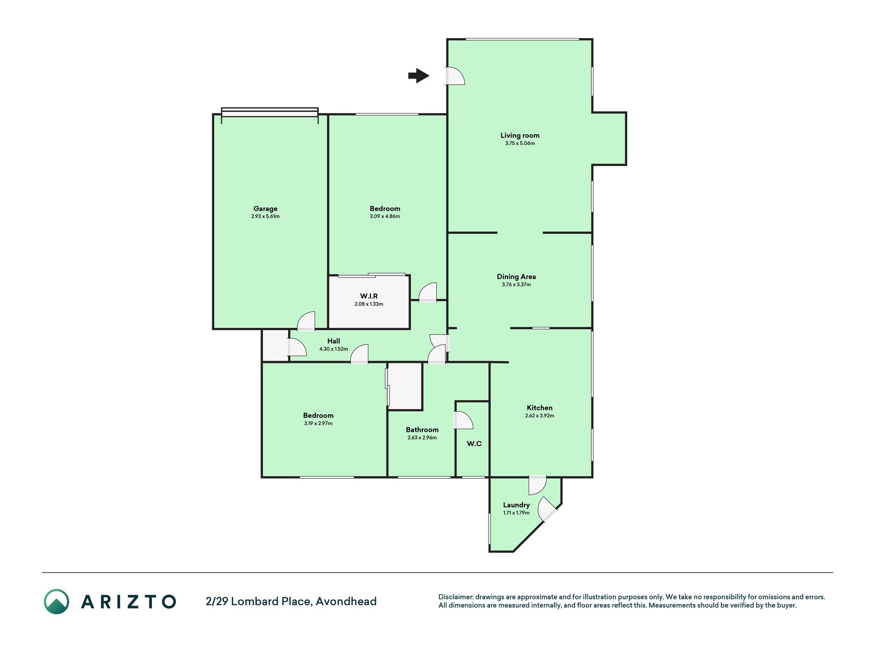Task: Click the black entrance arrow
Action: pyautogui.click(x=419, y=76)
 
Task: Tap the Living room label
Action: pyautogui.click(x=520, y=136)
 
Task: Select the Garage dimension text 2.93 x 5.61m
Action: pyautogui.click(x=266, y=216)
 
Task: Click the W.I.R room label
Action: pyautogui.click(x=369, y=296)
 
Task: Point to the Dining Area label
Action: pyautogui.click(x=516, y=277)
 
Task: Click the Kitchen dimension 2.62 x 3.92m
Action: pyautogui.click(x=539, y=416)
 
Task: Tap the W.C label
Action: pyautogui.click(x=474, y=444)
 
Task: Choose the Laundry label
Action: pyautogui.click(x=516, y=505)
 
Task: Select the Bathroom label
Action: pyautogui.click(x=422, y=430)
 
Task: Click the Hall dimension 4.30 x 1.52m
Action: pyautogui.click(x=333, y=349)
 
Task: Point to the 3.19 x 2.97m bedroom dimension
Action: pyautogui.click(x=318, y=424)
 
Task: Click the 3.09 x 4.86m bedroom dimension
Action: pyautogui.click(x=385, y=216)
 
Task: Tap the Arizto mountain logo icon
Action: pyautogui.click(x=57, y=601)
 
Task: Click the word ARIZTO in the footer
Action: pyautogui.click(x=128, y=601)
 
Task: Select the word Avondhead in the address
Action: pyautogui.click(x=346, y=601)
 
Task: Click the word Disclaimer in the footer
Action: pyautogui.click(x=455, y=597)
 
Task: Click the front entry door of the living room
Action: pyautogui.click(x=455, y=76)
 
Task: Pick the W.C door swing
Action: pyautogui.click(x=463, y=420)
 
